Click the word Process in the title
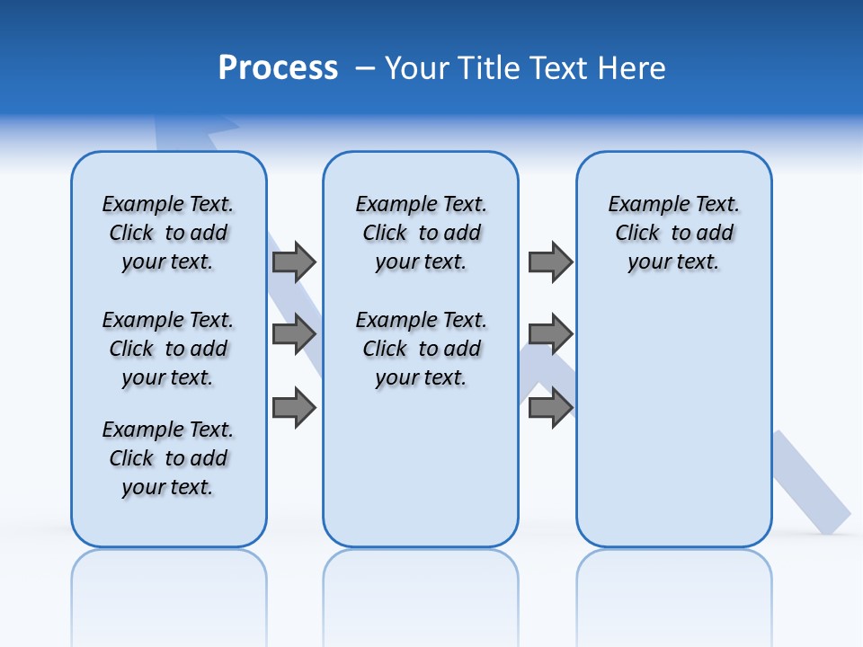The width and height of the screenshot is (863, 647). tap(278, 68)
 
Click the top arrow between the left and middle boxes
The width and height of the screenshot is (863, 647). tap(294, 261)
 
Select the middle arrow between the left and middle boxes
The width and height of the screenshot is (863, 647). tap(294, 334)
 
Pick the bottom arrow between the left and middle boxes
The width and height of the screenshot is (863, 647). tap(294, 408)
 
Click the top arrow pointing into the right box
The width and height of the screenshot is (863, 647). tap(550, 261)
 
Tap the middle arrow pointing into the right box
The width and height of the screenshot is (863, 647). tap(550, 334)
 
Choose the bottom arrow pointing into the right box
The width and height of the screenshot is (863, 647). tap(550, 408)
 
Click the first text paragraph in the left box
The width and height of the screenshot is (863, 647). tap(168, 233)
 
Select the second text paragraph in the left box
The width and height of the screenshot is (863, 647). tap(168, 349)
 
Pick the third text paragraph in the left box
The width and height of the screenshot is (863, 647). tap(168, 458)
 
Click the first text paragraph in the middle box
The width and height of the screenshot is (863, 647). tap(421, 233)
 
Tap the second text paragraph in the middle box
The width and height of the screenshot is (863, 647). tap(421, 349)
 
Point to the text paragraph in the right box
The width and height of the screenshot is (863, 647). tap(673, 233)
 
